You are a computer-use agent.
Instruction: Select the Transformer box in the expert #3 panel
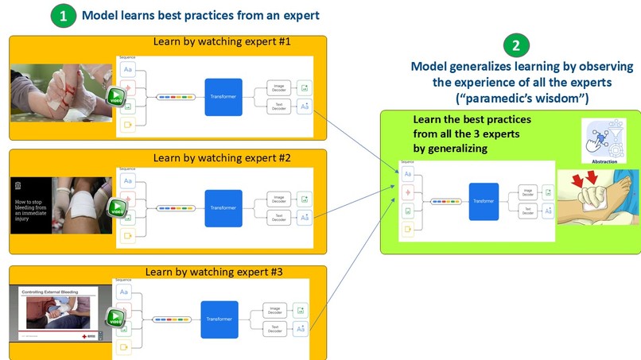click(221, 319)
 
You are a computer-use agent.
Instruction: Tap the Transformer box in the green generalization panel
click(483, 200)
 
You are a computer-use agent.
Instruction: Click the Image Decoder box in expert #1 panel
click(279, 87)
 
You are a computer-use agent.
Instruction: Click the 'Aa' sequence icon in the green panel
click(407, 173)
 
